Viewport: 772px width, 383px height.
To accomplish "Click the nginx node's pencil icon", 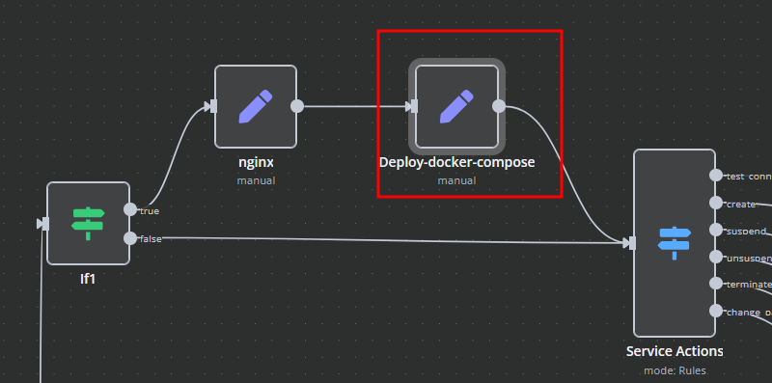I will (x=255, y=106).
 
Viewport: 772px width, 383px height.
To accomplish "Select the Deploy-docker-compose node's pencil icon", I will (x=457, y=106).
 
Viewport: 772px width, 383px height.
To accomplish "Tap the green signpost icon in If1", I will (x=88, y=224).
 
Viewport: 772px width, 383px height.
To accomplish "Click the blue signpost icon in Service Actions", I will (x=674, y=243).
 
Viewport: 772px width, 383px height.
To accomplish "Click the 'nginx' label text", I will (x=256, y=162).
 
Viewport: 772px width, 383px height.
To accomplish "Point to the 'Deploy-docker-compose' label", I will (x=457, y=162).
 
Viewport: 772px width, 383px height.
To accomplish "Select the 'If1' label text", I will (x=88, y=279).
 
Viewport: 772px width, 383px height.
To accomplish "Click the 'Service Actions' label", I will (x=675, y=351).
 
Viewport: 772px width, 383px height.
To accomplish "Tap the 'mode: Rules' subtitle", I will (x=675, y=369).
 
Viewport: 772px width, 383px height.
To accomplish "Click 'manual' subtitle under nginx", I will (x=256, y=179).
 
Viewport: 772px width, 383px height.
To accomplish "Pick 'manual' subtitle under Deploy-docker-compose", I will (x=457, y=179).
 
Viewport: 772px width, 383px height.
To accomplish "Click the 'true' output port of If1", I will (x=130, y=209).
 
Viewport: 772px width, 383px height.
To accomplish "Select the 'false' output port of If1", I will (x=130, y=237).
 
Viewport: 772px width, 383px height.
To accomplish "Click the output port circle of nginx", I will (x=297, y=106).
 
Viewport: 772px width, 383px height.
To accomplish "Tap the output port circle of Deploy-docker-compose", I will (x=499, y=106).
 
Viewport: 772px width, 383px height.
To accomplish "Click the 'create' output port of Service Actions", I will (x=716, y=203).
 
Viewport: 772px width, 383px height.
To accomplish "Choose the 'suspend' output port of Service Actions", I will (x=716, y=230).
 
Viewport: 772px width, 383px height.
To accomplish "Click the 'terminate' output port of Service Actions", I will (x=716, y=284).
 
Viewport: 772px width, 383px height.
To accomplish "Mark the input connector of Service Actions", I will (x=630, y=243).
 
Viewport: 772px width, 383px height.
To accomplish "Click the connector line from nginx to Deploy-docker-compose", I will (x=352, y=106).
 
